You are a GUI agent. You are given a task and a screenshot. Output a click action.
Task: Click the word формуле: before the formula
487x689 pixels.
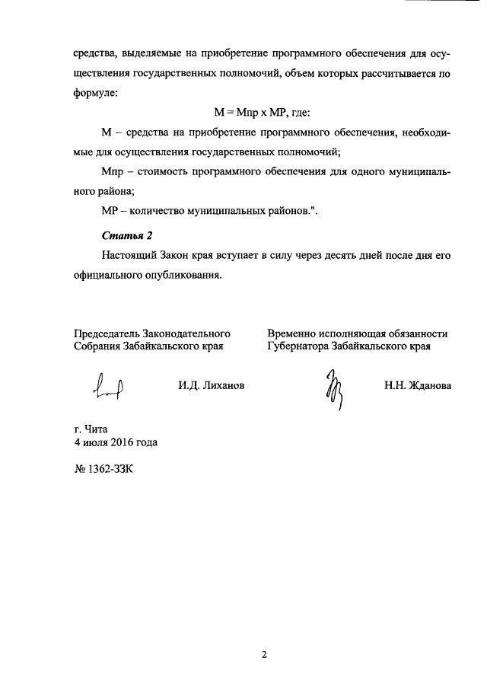(95, 94)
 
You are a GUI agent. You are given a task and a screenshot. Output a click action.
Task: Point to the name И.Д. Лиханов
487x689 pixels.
(212, 386)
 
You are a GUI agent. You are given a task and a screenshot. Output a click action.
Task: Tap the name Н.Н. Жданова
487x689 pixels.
(418, 386)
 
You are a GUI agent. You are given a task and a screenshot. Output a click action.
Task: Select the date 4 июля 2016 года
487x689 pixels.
(116, 442)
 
